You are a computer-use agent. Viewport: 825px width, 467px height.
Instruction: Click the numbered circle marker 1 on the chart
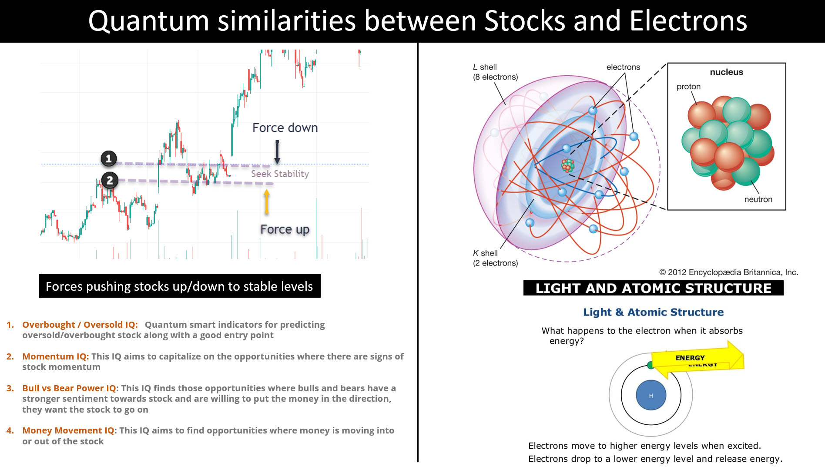pyautogui.click(x=109, y=158)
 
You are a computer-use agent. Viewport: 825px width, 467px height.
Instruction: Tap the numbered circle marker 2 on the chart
pyautogui.click(x=110, y=180)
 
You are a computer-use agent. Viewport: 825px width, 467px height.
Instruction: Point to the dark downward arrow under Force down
pyautogui.click(x=277, y=152)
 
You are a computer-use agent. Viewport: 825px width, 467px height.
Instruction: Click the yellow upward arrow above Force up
pyautogui.click(x=267, y=202)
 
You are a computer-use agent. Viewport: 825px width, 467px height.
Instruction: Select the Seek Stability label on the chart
pyautogui.click(x=280, y=174)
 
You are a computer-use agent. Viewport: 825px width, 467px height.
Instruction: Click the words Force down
pyautogui.click(x=285, y=128)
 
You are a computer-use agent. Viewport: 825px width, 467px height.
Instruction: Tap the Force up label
pyautogui.click(x=285, y=229)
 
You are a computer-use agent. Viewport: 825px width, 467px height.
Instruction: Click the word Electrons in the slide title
pyautogui.click(x=688, y=21)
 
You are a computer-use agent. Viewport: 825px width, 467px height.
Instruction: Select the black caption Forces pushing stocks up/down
pyautogui.click(x=180, y=286)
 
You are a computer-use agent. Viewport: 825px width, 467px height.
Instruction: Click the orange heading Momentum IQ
pyautogui.click(x=56, y=356)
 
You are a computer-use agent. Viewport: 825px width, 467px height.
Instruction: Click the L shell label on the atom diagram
pyautogui.click(x=495, y=72)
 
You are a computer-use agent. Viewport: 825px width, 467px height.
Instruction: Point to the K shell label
pyautogui.click(x=495, y=258)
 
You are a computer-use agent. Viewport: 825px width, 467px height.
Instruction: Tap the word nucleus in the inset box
pyautogui.click(x=726, y=72)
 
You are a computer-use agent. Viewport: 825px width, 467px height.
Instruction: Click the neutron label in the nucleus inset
pyautogui.click(x=758, y=199)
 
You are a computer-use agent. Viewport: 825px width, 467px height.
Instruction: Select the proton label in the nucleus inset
pyautogui.click(x=688, y=87)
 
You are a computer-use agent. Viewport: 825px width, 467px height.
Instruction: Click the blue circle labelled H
pyautogui.click(x=651, y=395)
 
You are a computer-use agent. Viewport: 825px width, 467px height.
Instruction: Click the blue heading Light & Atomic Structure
pyautogui.click(x=653, y=312)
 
